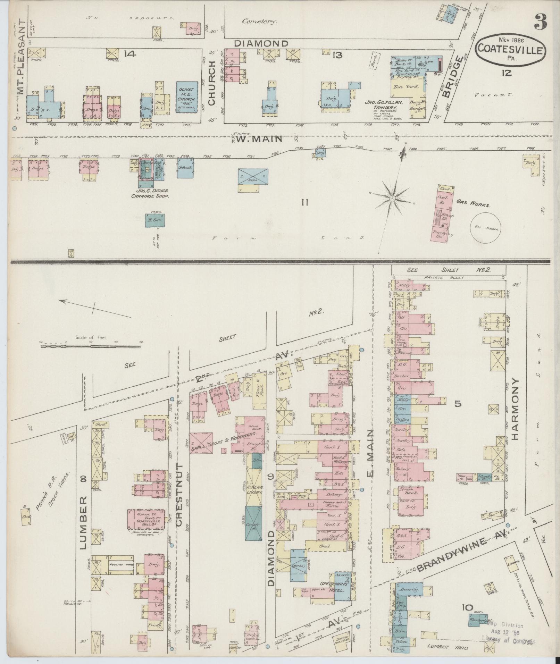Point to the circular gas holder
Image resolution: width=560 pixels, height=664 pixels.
(486, 228)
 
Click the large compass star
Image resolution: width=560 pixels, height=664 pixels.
(392, 198)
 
